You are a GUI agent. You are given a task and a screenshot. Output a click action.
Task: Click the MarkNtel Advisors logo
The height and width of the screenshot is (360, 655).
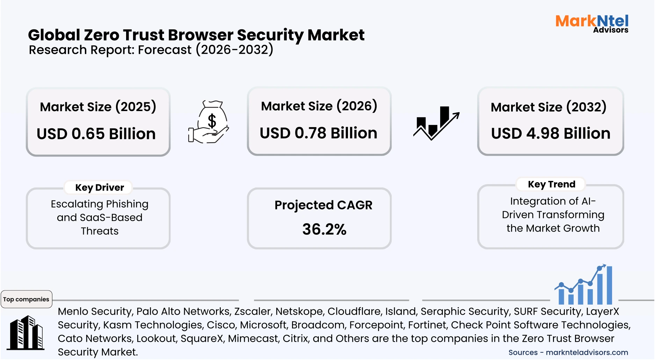tap(592, 23)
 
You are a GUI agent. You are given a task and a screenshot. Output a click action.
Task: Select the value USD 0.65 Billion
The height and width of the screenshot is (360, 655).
tap(96, 134)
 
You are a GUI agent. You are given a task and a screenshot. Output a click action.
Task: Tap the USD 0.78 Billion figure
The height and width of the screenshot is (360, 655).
tap(318, 133)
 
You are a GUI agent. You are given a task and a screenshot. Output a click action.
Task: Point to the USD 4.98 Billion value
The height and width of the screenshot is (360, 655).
tap(551, 133)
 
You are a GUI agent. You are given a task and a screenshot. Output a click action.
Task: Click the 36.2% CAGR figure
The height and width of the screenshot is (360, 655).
tap(324, 229)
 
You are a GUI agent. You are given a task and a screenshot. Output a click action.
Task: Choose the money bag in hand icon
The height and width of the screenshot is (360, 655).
tap(209, 122)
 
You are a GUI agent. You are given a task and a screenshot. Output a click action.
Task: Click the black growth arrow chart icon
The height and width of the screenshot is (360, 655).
tap(436, 123)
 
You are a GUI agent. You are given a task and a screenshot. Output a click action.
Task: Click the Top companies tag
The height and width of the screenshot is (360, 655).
tap(26, 299)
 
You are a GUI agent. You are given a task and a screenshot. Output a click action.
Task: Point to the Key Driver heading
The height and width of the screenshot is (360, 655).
tap(100, 188)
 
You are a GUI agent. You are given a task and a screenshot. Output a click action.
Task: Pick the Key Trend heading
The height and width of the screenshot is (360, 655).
tap(551, 184)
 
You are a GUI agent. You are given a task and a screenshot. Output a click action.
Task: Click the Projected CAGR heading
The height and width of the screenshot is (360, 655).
tap(323, 205)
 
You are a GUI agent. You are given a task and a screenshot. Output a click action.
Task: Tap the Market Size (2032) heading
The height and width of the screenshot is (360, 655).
tap(548, 107)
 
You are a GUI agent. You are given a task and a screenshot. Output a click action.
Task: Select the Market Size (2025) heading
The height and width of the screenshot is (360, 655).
tap(98, 106)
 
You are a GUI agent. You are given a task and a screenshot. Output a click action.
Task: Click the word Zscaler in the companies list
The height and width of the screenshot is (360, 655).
tap(253, 311)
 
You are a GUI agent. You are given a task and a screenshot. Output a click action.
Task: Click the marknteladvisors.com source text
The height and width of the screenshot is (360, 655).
tap(587, 352)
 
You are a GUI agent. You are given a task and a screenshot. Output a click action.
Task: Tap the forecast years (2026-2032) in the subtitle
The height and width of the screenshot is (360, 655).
tap(234, 50)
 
